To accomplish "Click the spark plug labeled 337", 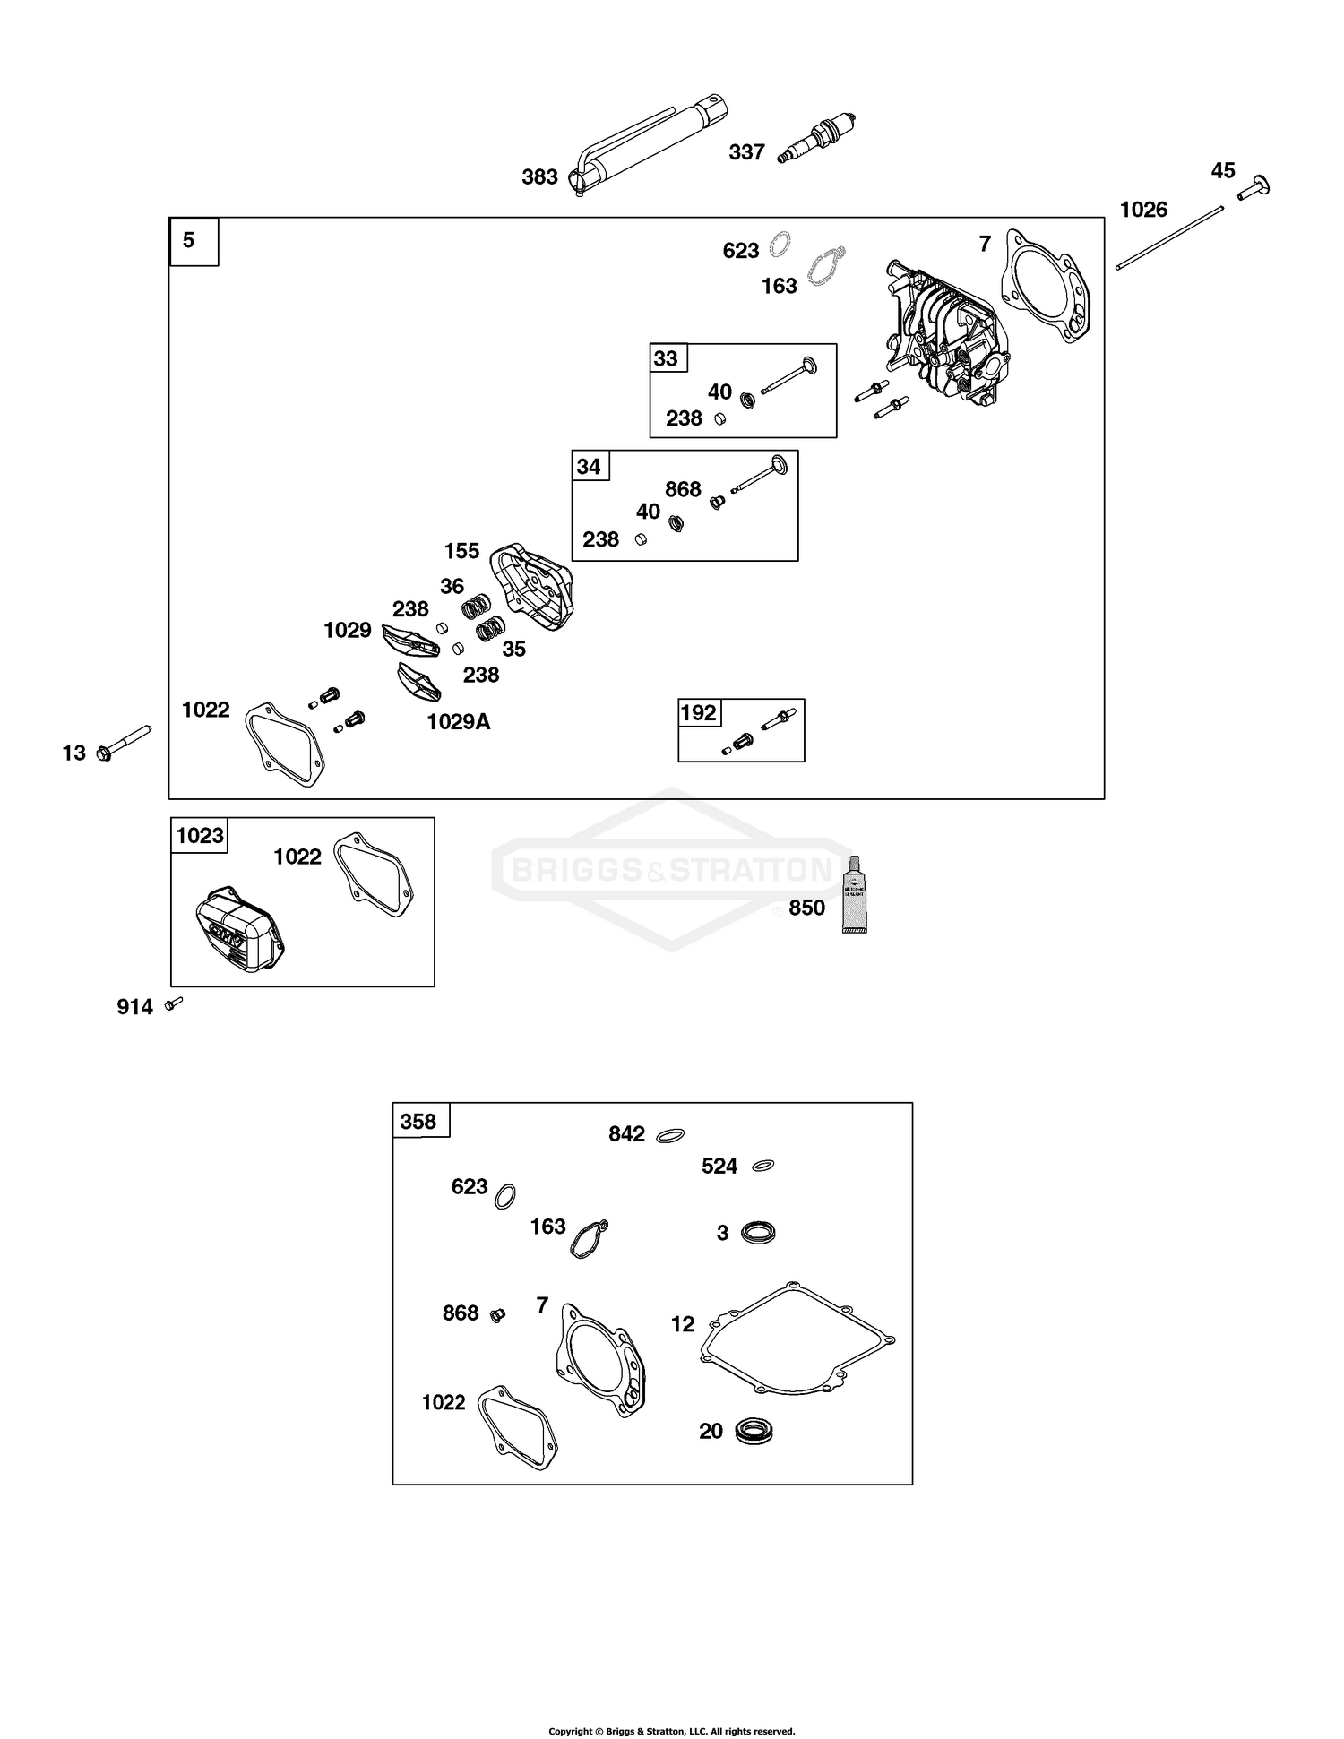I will pos(817,140).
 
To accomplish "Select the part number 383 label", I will pos(539,177).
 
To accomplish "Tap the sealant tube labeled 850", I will pos(855,895).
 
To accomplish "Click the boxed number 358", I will pos(418,1122).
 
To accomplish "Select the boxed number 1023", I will pos(199,836).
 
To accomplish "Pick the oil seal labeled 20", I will pos(753,1431).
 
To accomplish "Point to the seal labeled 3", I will pos(758,1233).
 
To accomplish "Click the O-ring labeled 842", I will pos(671,1135).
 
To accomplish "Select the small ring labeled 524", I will pos(762,1166).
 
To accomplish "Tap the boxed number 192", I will pos(698,713).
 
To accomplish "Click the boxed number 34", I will pos(589,467).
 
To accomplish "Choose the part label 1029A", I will pos(458,722).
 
